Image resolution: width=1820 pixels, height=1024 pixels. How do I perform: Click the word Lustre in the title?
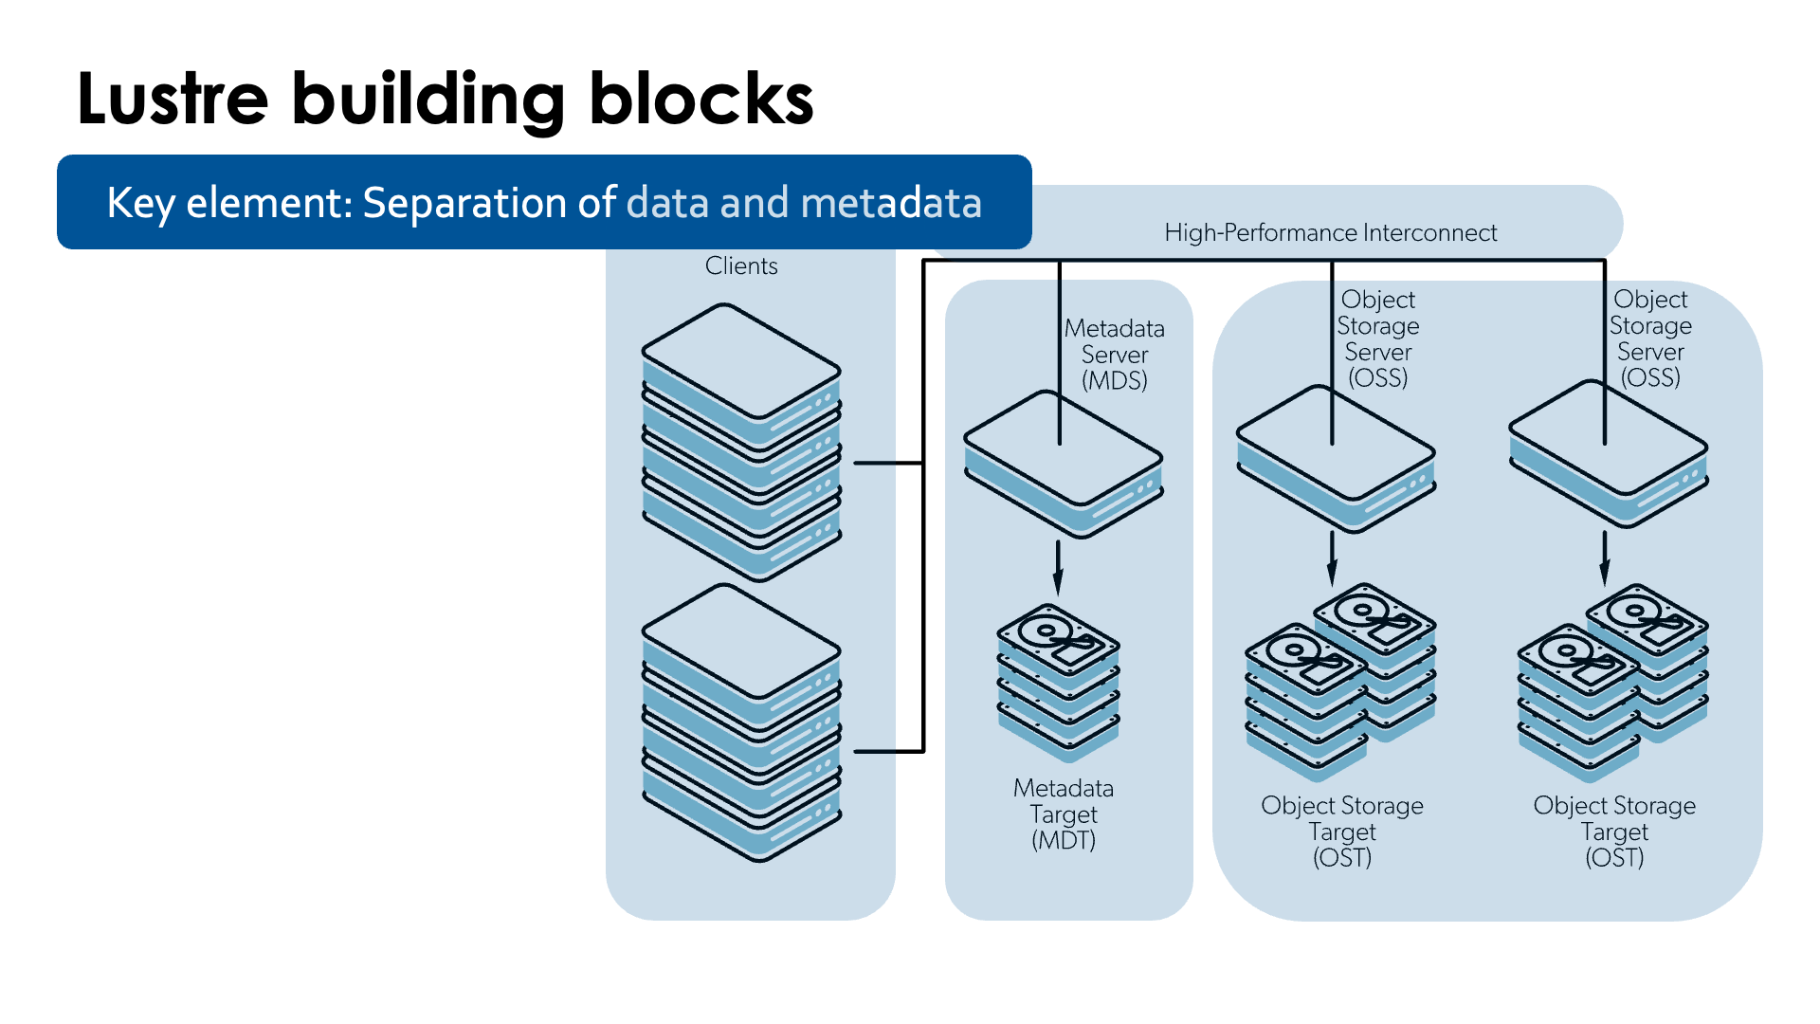click(173, 99)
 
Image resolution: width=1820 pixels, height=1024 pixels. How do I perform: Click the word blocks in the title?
click(701, 99)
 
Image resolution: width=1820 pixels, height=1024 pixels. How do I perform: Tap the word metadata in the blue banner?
click(891, 203)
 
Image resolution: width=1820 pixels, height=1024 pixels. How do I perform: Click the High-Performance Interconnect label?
click(1330, 232)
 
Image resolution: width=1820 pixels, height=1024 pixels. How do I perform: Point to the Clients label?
click(741, 266)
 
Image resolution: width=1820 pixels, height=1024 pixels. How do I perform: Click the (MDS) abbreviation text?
click(1115, 381)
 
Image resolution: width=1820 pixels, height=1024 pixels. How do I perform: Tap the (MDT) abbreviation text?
click(1064, 841)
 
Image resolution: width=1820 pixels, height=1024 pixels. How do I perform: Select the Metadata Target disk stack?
click(1058, 683)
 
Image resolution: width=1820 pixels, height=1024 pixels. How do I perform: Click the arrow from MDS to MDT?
click(1058, 567)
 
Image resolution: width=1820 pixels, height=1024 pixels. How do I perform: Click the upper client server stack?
click(741, 442)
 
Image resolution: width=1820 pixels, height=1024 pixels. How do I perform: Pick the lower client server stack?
click(741, 722)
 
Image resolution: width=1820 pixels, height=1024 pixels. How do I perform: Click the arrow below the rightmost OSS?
click(1604, 558)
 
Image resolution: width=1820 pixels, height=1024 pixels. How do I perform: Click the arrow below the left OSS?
click(1332, 558)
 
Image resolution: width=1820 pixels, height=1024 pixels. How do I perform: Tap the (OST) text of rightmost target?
click(1614, 858)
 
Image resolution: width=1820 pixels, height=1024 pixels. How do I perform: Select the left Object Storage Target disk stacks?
click(1339, 683)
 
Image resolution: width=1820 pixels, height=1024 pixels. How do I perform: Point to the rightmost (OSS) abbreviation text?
click(1650, 378)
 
